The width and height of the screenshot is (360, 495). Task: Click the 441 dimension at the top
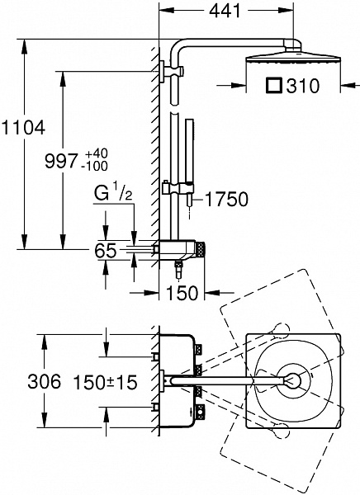225,11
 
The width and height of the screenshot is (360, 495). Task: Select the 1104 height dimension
24,128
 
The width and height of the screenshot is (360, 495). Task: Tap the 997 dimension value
61,161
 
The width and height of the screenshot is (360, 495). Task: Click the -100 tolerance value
94,166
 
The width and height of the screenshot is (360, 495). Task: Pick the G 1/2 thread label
113,194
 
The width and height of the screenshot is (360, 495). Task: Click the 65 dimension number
106,251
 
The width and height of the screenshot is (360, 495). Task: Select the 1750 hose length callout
227,199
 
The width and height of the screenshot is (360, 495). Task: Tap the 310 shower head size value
303,86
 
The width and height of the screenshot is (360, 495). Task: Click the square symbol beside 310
273,86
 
